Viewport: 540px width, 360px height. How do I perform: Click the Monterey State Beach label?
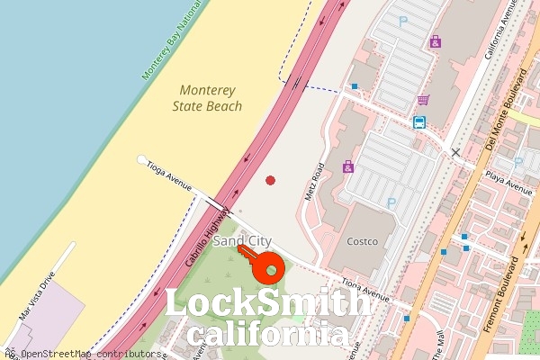pyautogui.click(x=207, y=98)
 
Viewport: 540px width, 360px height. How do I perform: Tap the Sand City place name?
pyautogui.click(x=242, y=241)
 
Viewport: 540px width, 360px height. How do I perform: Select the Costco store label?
pyautogui.click(x=368, y=241)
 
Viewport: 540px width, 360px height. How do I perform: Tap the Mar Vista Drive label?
pyautogui.click(x=36, y=296)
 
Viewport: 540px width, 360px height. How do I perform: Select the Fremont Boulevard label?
pyautogui.click(x=500, y=295)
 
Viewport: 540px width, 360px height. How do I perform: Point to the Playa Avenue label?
pyautogui.click(x=508, y=181)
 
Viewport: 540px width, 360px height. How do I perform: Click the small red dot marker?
pyautogui.click(x=270, y=181)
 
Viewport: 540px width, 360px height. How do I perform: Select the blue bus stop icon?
pyautogui.click(x=419, y=121)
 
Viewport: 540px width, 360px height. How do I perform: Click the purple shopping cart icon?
pyautogui.click(x=422, y=100)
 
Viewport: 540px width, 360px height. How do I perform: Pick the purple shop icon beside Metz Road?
pyautogui.click(x=348, y=166)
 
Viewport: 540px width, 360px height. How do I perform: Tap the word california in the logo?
pyautogui.click(x=268, y=335)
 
